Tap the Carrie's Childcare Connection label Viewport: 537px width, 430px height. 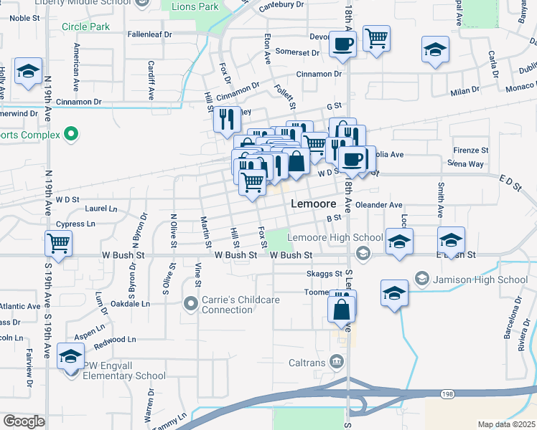(x=228, y=305)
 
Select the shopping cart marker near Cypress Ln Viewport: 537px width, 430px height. (x=58, y=242)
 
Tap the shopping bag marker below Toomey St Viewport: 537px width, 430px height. (x=342, y=310)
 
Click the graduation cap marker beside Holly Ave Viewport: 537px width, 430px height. (x=28, y=71)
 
